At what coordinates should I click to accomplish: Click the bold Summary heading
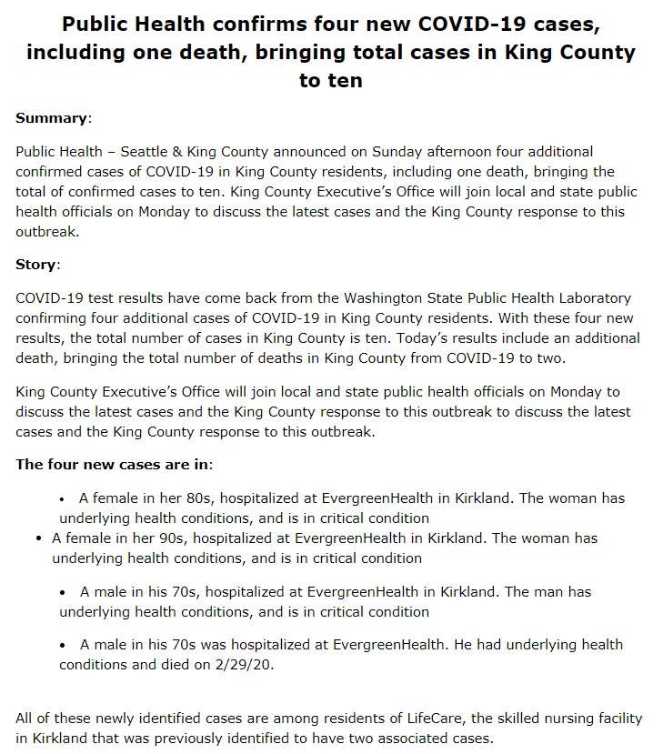[x=52, y=118]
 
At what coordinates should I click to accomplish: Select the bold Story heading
[x=36, y=265]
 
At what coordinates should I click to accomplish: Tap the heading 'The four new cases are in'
[x=113, y=464]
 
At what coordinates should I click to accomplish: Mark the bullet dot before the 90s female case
[x=38, y=538]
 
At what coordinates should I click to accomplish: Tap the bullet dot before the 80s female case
[x=63, y=498]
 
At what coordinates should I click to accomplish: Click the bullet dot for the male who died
[x=63, y=644]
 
